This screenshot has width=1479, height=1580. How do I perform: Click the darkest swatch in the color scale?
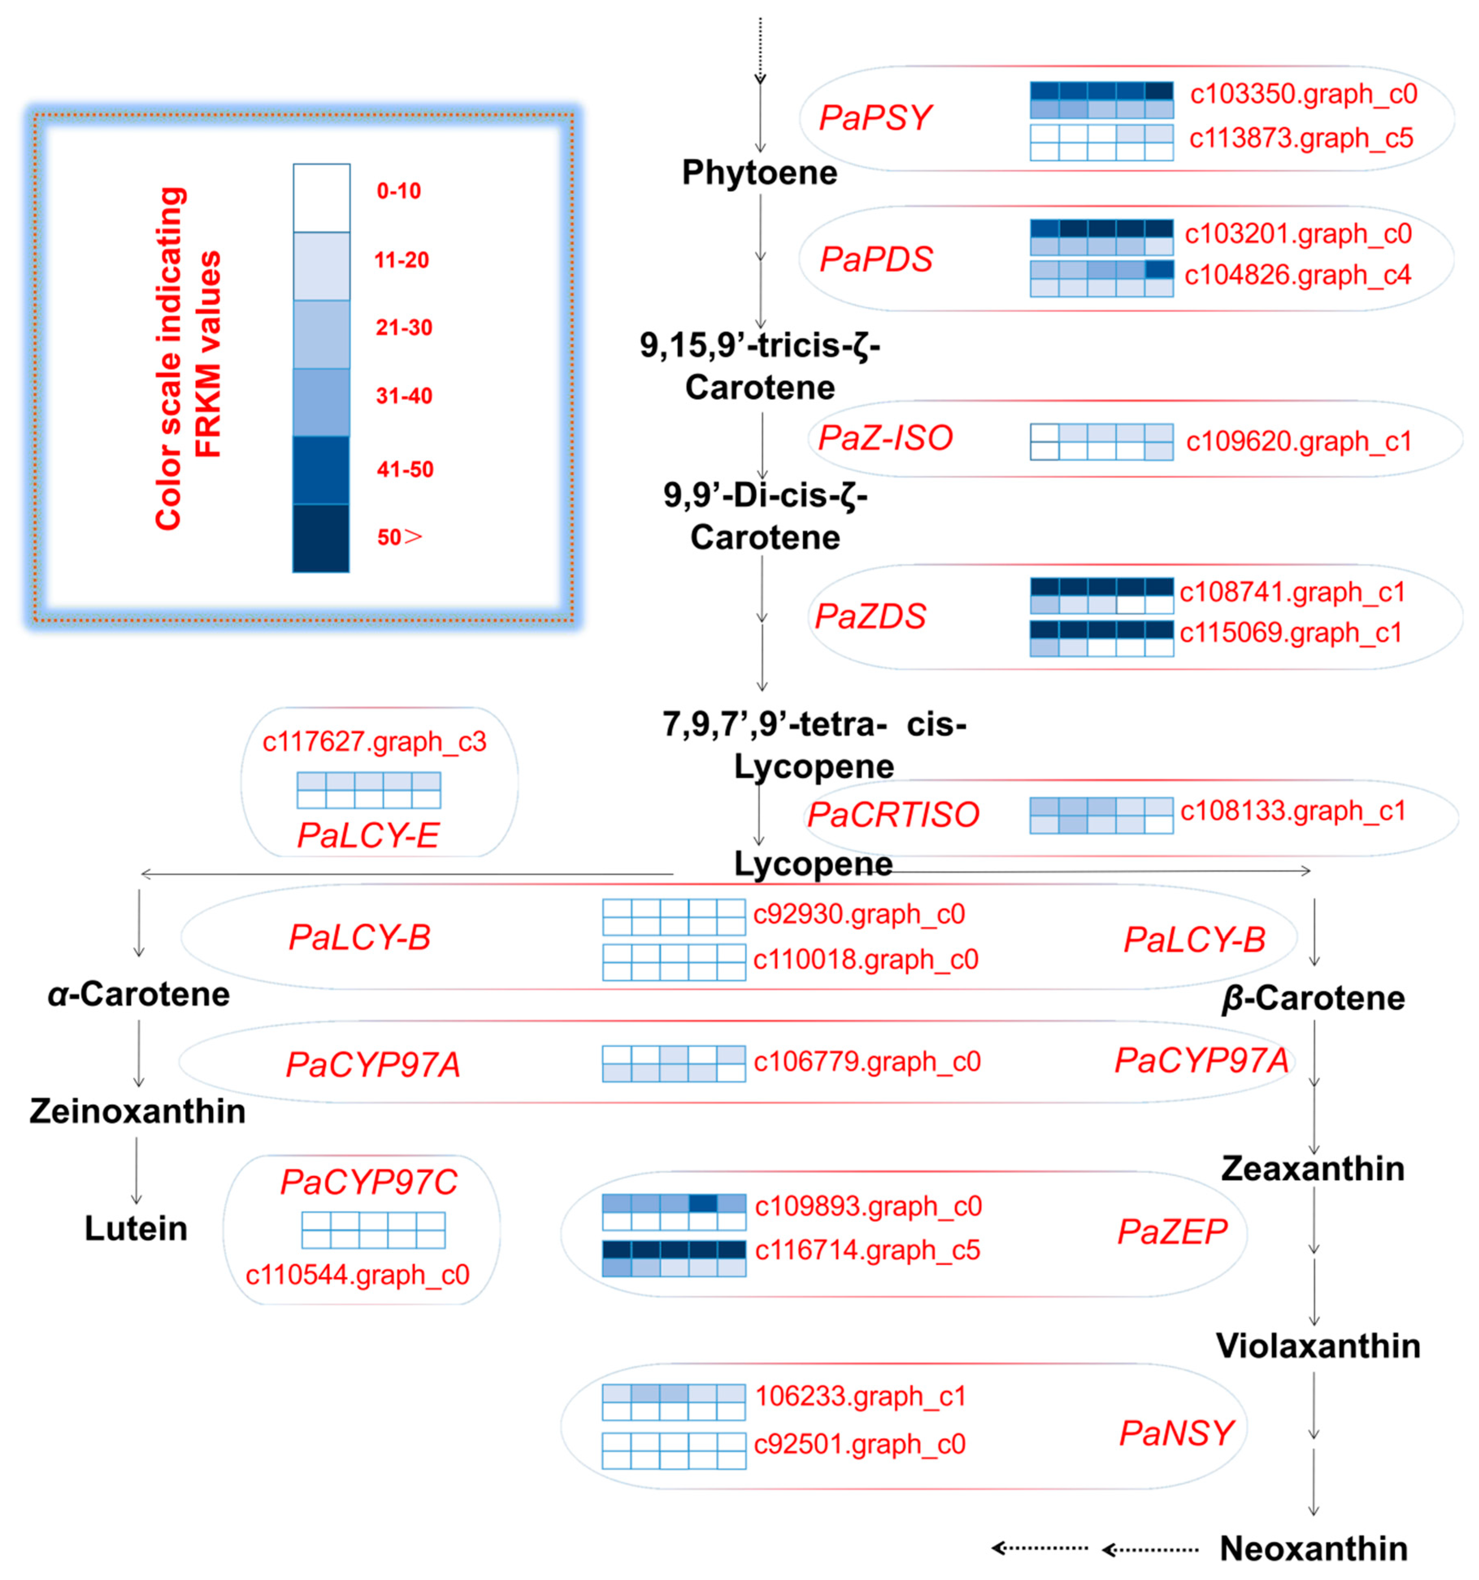(321, 538)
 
